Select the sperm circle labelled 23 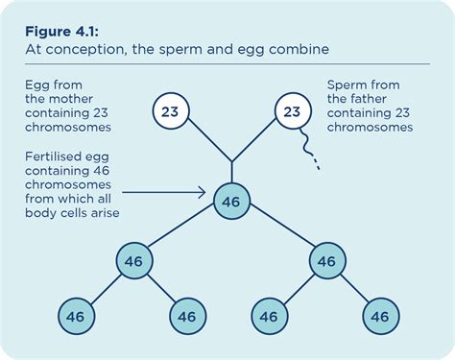pos(292,111)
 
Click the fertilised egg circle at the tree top pos(230,202)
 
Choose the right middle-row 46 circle pos(326,259)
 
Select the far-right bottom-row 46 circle pos(379,315)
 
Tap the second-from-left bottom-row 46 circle pos(188,315)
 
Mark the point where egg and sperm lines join pos(230,160)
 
